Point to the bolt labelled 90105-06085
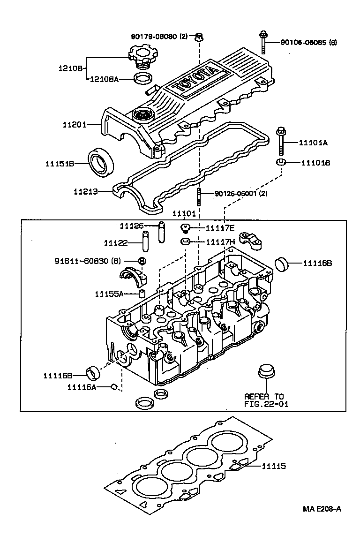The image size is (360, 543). (x=263, y=42)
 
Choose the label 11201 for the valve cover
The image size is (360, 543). (x=74, y=124)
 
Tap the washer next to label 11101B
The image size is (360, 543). (x=281, y=163)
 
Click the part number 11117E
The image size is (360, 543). (x=220, y=228)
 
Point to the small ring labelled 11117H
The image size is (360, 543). (x=185, y=242)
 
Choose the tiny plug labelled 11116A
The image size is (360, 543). (x=113, y=386)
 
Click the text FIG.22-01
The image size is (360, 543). (x=263, y=403)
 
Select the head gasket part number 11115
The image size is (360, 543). (x=274, y=466)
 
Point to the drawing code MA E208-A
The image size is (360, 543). (x=322, y=509)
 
